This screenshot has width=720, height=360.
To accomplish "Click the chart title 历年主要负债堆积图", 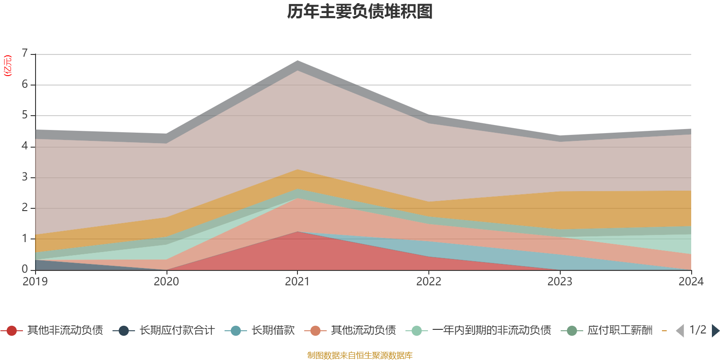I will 360,12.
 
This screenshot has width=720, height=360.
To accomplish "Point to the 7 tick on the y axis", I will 25,54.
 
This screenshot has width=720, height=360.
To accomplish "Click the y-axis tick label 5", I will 25,115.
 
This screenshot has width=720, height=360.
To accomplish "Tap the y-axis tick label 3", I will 25,177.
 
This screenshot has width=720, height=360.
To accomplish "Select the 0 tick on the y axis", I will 25,269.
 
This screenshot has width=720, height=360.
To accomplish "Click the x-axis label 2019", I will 35,282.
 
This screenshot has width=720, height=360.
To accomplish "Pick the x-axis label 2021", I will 297,282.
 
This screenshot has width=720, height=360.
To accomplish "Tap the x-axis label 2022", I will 428,282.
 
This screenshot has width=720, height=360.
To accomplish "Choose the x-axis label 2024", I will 691,282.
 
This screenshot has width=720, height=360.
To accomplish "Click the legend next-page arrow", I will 715,331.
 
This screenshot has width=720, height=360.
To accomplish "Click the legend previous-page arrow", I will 680,331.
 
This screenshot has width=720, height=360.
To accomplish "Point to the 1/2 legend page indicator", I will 698,330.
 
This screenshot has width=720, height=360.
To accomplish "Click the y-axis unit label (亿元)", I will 8,66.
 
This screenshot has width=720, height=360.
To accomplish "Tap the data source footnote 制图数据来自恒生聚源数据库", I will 360,355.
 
